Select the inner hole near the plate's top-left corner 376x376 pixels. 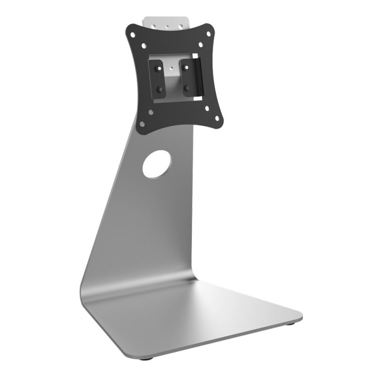[144, 46]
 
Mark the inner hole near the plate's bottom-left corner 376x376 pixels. [151, 112]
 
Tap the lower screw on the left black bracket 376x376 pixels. [160, 89]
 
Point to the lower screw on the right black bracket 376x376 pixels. [188, 88]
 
